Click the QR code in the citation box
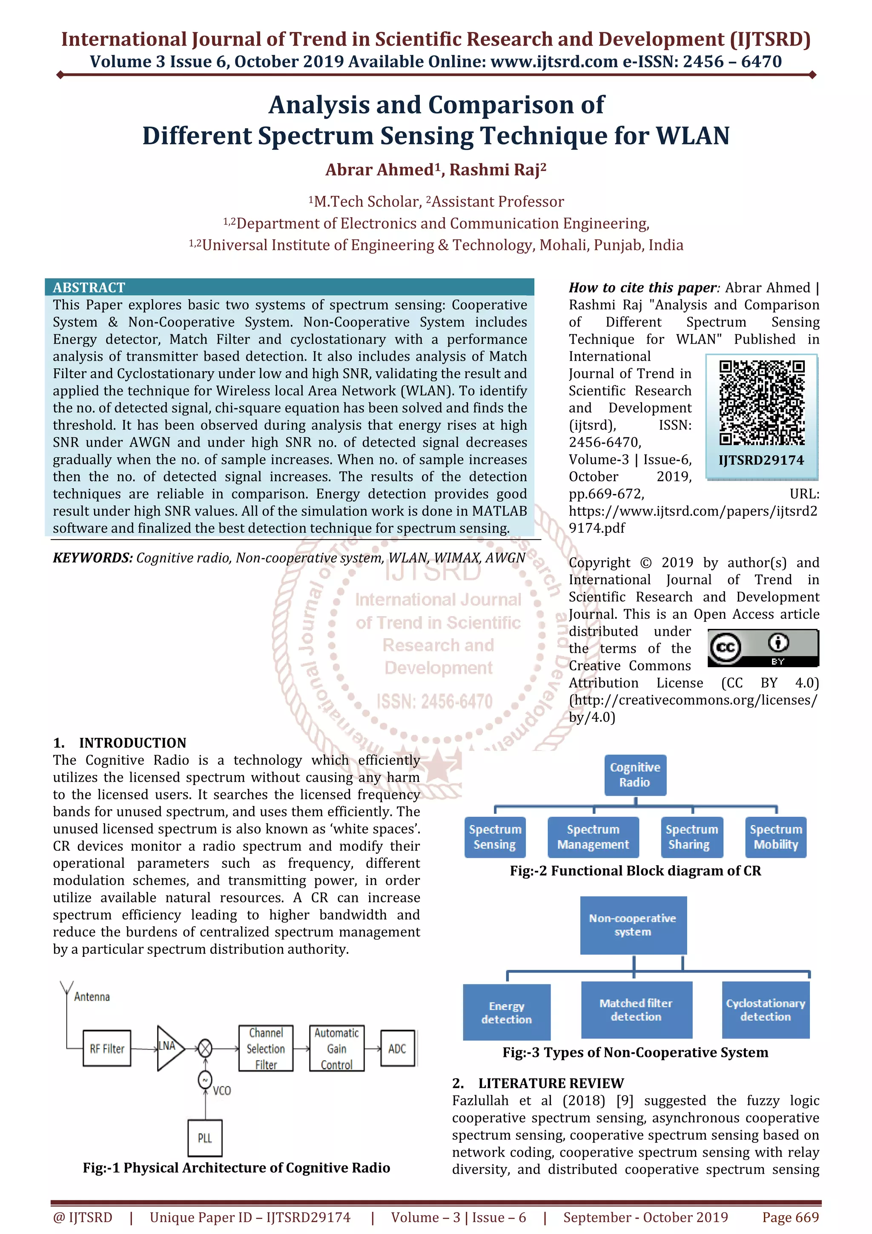761,402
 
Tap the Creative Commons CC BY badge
763,648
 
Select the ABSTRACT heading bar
289,287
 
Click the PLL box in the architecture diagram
205,1138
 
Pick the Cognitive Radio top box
635,775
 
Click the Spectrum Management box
593,837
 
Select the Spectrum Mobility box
776,837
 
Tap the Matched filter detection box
636,1010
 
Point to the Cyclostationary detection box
766,1010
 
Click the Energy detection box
507,1012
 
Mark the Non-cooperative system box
633,925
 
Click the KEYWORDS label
92,558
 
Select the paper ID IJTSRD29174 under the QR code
761,460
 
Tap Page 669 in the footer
790,1217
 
